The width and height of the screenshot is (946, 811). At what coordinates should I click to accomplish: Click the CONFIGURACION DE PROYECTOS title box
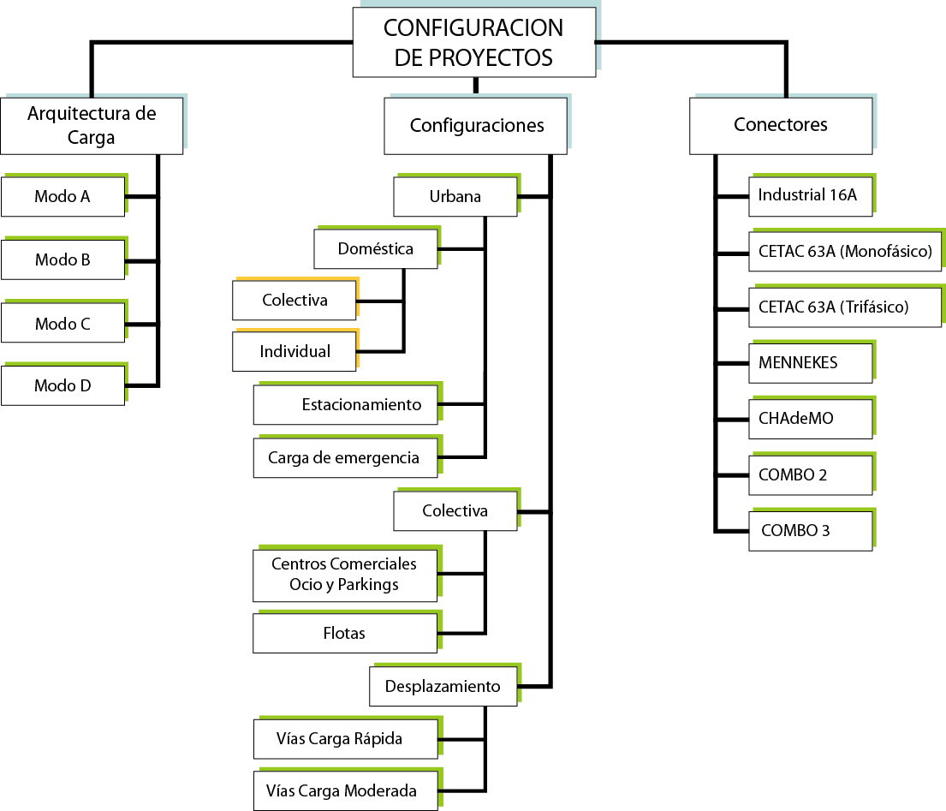coord(474,42)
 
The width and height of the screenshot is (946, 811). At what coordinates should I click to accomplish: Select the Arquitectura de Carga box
coord(92,126)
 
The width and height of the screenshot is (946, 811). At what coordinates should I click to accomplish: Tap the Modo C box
coord(62,323)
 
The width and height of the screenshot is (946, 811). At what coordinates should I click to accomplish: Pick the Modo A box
coord(62,196)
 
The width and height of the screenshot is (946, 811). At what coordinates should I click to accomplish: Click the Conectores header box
coord(781,126)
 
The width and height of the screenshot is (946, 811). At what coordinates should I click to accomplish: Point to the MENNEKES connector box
coord(811,363)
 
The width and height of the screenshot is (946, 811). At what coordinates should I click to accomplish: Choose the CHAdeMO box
coord(811,419)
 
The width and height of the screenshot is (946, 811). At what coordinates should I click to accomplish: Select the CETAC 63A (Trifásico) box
coord(845,307)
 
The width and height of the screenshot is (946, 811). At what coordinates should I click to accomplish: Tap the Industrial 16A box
coord(811,196)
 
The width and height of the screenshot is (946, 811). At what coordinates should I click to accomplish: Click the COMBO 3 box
coord(811,531)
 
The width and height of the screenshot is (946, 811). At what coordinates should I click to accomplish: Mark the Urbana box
coord(455,196)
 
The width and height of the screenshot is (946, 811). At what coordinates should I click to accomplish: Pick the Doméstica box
coord(376,248)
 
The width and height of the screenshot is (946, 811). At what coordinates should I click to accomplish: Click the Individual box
coord(295,351)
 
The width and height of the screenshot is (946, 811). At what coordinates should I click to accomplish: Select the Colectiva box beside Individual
coord(295,300)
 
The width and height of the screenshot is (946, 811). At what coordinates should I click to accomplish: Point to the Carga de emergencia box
coord(345,458)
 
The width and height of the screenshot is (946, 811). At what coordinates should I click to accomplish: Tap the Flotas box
coord(345,633)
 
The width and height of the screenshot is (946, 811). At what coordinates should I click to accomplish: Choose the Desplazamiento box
coord(443,686)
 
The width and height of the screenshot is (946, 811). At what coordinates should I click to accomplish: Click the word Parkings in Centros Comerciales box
coord(368,585)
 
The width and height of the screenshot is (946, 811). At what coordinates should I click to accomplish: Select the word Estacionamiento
coord(361,404)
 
